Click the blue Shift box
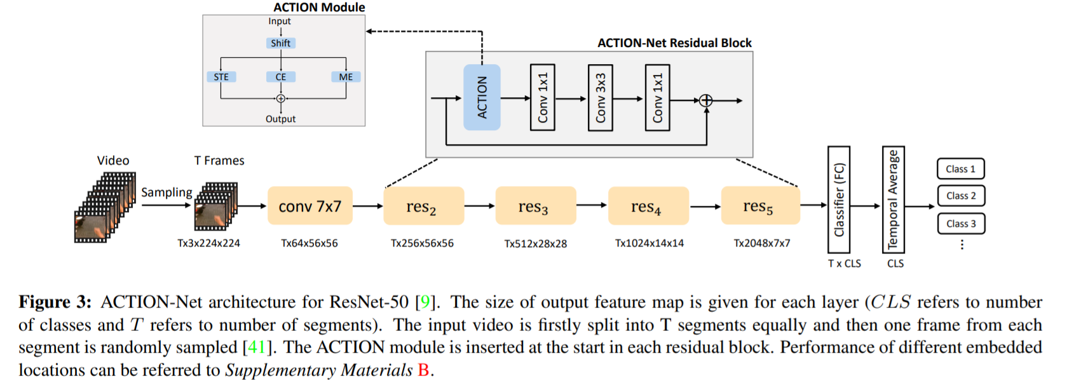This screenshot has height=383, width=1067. point(280,43)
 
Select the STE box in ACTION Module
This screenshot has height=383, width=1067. point(221,77)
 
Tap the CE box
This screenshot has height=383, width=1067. point(281,77)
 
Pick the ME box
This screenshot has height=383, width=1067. point(346,77)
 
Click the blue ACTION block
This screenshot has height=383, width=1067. point(482,97)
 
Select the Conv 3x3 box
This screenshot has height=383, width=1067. point(600,97)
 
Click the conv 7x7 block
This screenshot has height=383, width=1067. point(309,206)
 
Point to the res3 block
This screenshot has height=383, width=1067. point(535,206)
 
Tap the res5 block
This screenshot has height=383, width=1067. point(760,206)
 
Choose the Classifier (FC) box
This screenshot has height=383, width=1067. point(838,199)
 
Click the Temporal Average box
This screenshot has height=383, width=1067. point(893,199)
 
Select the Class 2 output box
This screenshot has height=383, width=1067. point(960,196)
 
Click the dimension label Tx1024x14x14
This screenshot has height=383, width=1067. point(649,243)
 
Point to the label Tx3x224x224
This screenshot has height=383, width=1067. point(208,243)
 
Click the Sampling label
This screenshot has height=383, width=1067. point(167,192)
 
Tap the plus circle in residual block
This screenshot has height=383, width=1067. point(705,100)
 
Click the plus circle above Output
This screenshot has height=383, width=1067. point(280,98)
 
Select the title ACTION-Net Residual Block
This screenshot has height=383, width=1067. point(674,43)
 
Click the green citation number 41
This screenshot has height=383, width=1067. point(257,347)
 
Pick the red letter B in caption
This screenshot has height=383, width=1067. point(423,370)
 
